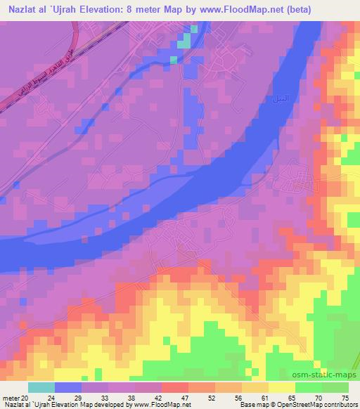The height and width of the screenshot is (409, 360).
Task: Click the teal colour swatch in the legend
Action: coord(41,387)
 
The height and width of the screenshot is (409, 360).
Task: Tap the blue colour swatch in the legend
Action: coord(68,387)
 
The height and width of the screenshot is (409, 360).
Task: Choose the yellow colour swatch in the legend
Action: coord(282,387)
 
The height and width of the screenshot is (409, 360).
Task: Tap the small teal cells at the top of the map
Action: coord(185,40)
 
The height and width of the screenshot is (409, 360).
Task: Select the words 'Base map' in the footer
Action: coord(252,405)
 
